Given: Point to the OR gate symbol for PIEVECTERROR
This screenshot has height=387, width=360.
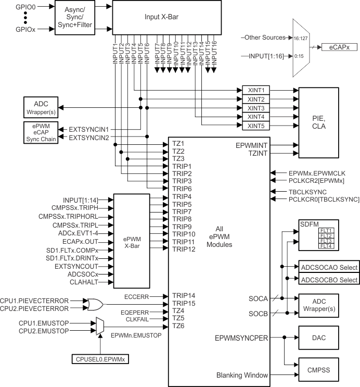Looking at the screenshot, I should coord(96,304).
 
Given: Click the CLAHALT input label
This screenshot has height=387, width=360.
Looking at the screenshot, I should coord(85,282).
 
